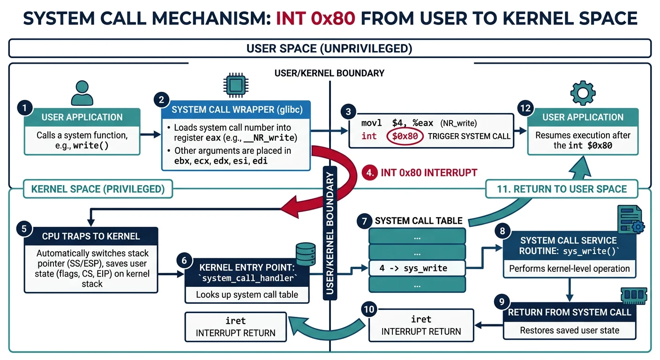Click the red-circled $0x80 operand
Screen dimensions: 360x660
405,136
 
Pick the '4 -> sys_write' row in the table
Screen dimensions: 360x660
417,268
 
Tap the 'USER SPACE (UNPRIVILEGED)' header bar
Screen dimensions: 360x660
330,48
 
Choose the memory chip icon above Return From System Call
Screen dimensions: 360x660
633,296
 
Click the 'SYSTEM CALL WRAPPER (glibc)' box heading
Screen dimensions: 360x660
237,110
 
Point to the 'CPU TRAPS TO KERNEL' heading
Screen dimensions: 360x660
91,236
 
